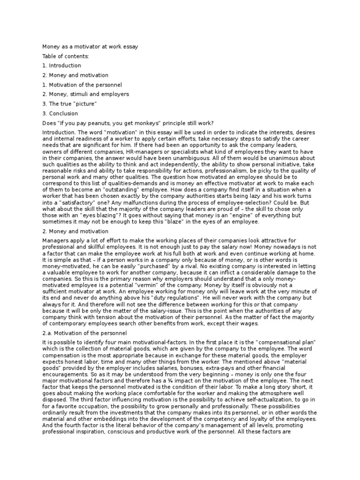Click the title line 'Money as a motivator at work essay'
(x=90, y=46)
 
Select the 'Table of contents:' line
(x=65, y=56)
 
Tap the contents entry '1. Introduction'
(x=61, y=66)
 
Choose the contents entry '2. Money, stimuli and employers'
(x=85, y=94)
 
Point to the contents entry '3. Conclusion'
(x=60, y=113)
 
